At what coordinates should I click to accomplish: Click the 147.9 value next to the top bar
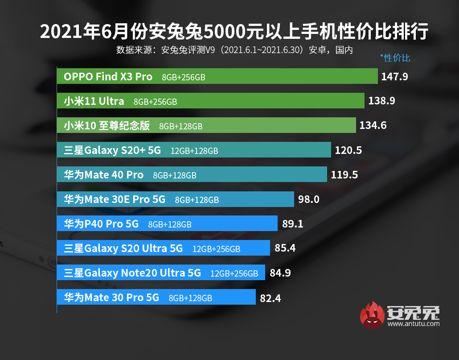pos(395,77)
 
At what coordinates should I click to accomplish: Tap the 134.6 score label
pos(373,126)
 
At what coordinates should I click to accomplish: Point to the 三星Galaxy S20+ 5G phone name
pos(112,150)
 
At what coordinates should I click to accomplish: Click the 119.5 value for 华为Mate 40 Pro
pos(344,175)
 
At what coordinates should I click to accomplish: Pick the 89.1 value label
pos(293,224)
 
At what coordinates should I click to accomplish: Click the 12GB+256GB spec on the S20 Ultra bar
pos(216,249)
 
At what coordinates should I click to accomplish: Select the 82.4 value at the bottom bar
pos(270,298)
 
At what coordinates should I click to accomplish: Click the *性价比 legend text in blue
pos(395,58)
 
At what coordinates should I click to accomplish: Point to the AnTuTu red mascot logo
pos(373,314)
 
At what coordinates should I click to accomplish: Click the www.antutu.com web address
pos(413,324)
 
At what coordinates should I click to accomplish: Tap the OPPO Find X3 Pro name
pos(108,77)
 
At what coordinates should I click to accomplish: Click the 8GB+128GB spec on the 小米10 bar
pos(180,126)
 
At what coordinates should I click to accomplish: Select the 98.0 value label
pos(308,199)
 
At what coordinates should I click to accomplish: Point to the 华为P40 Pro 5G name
pos(101,224)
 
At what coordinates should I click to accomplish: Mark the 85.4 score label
pos(285,248)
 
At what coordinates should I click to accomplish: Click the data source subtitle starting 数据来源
pos(234,50)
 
